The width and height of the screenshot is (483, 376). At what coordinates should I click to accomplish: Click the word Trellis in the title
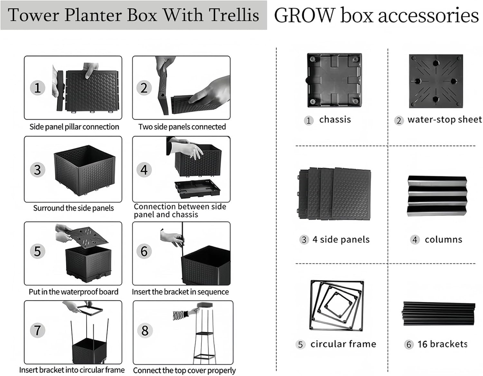click(234, 15)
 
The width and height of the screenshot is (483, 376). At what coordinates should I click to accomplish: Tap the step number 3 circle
click(37, 169)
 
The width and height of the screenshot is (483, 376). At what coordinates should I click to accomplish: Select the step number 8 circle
click(145, 330)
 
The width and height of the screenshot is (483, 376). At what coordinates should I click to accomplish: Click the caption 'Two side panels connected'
click(182, 127)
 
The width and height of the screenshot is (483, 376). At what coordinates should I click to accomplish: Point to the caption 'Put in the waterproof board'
click(73, 292)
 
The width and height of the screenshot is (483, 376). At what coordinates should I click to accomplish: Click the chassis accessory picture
click(334, 80)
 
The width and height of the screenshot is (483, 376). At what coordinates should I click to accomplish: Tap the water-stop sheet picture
click(436, 81)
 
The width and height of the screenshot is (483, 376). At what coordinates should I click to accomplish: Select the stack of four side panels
click(334, 194)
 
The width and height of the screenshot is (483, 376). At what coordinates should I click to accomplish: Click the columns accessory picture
click(437, 196)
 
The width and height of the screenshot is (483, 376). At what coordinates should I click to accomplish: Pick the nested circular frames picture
click(336, 305)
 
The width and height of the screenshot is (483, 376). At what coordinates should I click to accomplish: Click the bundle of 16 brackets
click(439, 313)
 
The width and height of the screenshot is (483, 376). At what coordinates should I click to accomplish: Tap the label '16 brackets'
click(442, 344)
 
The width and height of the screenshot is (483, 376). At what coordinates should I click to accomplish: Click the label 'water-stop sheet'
click(444, 120)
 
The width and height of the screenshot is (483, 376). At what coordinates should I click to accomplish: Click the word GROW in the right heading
click(304, 15)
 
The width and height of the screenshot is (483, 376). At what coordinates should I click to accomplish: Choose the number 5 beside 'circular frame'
click(300, 344)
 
